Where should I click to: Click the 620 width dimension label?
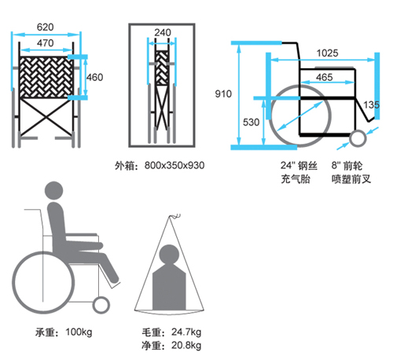pyautogui.click(x=45, y=27)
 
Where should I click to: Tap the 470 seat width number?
pyautogui.click(x=45, y=42)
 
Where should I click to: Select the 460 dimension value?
pyautogui.click(x=95, y=77)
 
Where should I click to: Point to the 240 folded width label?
pyautogui.click(x=163, y=32)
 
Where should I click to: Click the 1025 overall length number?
pyautogui.click(x=327, y=53)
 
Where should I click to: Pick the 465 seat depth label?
pyautogui.click(x=325, y=77)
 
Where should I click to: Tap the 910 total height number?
pyautogui.click(x=223, y=94)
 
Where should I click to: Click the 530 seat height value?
pyautogui.click(x=251, y=122)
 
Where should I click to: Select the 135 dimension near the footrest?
pyautogui.click(x=371, y=105)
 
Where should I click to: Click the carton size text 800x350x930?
pyautogui.click(x=174, y=165)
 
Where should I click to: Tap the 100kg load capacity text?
pyautogui.click(x=79, y=332)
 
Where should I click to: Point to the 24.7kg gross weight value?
pyautogui.click(x=186, y=332)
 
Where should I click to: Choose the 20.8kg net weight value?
pyautogui.click(x=186, y=345)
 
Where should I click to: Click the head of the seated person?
pyautogui.click(x=54, y=190)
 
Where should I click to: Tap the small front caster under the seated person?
pyautogui.click(x=101, y=305)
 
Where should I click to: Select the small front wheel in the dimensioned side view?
pyautogui.click(x=358, y=138)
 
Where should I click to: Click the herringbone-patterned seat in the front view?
pyautogui.click(x=46, y=77)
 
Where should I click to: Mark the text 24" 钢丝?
pyautogui.click(x=299, y=166)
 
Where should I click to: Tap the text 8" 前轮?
pyautogui.click(x=347, y=166)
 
